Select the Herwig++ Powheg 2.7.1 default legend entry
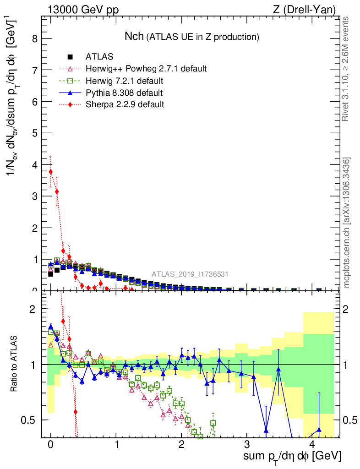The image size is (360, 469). point(146,69)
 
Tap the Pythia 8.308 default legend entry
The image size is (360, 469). point(124,93)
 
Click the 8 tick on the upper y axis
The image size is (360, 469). point(35,39)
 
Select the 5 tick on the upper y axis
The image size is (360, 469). point(35,133)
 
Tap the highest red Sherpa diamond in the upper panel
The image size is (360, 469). point(51,172)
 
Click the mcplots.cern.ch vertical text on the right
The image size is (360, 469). point(347,223)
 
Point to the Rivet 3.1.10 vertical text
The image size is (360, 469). point(347,69)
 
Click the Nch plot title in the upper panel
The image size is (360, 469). point(192,36)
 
